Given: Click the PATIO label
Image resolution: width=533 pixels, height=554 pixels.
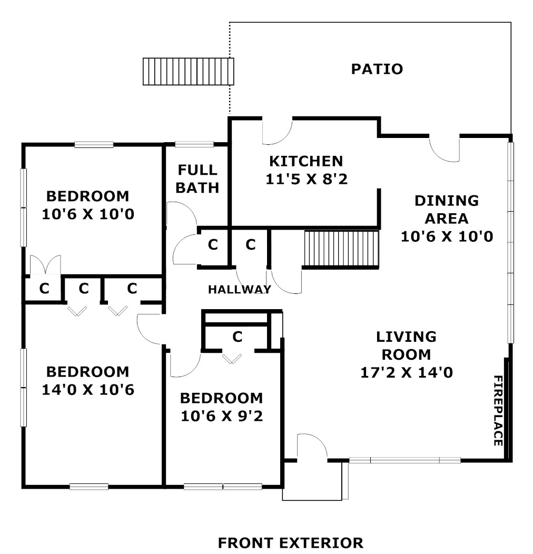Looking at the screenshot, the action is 377,69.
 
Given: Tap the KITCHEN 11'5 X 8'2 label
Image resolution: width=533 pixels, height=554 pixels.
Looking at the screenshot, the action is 307,170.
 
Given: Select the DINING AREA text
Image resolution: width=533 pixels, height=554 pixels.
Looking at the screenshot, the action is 447,209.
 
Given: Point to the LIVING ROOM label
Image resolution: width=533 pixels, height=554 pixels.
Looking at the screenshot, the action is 407,345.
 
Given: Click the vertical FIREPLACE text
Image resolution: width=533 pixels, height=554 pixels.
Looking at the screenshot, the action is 498,411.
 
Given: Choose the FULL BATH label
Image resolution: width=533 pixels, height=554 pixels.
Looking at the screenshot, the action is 197,179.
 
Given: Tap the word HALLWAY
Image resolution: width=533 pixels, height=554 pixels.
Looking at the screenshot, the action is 240,289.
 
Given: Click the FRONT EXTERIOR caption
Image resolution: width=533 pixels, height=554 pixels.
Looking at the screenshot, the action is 291,543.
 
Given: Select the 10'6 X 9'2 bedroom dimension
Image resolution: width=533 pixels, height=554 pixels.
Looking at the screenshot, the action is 222,416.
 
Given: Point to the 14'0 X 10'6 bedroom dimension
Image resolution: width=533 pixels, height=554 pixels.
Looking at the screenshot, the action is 88,390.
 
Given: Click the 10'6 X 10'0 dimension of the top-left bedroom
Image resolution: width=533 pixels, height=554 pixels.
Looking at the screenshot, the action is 88,214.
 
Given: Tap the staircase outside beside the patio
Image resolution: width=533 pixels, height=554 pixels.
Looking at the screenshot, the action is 189,72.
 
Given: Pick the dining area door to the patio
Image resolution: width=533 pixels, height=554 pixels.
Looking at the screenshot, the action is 445,149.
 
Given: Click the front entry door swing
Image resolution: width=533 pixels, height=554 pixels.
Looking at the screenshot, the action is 313,447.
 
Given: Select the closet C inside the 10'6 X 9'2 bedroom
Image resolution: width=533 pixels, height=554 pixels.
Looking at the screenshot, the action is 238,337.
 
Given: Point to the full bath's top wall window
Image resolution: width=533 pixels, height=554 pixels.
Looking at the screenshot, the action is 194,144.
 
